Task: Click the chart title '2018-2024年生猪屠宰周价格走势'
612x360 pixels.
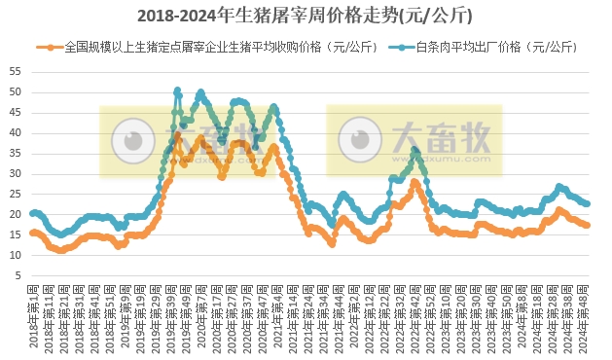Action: coord(306,16)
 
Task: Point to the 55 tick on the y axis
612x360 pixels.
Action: coord(14,71)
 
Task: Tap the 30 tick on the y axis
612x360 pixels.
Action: coord(14,173)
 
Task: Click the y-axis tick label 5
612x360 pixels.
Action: coord(17,275)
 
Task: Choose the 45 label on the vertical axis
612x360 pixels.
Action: coord(14,112)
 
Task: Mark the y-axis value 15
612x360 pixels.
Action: coord(14,234)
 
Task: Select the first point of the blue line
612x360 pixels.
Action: coord(33,213)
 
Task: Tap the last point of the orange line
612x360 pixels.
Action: coord(587,225)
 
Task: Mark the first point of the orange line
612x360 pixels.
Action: coord(33,233)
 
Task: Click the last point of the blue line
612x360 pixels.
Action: coord(587,203)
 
